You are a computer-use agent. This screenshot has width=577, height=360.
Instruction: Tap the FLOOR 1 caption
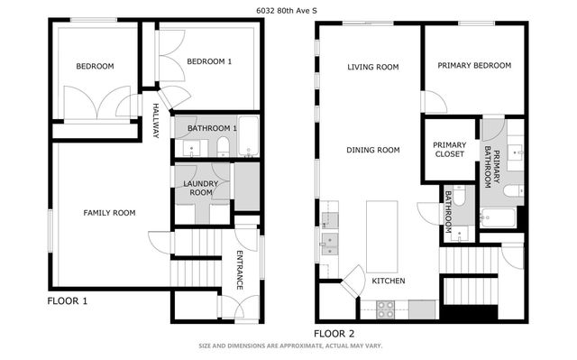68,300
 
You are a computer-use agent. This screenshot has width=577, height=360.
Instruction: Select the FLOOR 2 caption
334,333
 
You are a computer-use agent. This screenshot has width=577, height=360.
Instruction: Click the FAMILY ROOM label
109,213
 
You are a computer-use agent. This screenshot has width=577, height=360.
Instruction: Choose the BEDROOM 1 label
209,61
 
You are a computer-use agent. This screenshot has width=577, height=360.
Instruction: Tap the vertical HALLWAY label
155,120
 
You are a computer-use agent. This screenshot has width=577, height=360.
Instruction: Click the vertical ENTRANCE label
240,269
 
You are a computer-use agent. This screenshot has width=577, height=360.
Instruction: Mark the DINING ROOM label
373,150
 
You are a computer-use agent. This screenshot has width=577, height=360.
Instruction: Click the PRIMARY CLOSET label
449,149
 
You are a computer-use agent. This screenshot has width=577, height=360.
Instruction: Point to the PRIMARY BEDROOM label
474,66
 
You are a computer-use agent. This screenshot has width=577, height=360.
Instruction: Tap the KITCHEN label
388,281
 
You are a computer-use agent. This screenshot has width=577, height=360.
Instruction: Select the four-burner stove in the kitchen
385,309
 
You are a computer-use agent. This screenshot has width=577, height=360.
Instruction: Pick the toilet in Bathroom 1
224,147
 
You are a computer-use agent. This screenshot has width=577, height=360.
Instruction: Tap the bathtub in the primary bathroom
498,217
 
